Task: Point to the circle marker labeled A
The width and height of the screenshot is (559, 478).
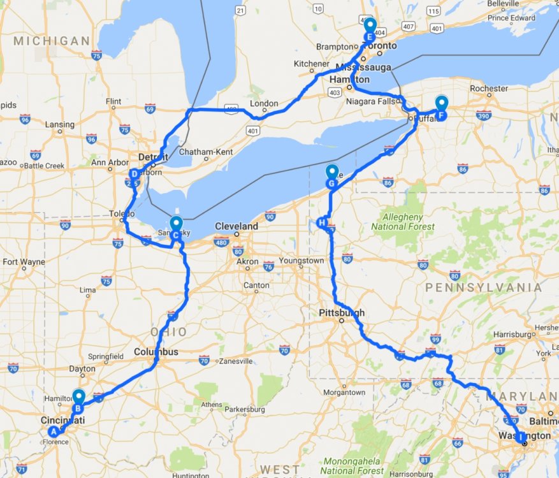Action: point(54,431)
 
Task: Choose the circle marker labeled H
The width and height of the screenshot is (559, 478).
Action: point(321,222)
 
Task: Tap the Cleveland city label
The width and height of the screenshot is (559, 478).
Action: point(236,226)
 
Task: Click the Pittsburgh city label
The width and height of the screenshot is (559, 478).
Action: point(342,313)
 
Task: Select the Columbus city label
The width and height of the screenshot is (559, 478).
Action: point(156,352)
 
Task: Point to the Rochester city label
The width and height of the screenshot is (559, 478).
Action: point(488,89)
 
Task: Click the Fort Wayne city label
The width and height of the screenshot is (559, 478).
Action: point(24,262)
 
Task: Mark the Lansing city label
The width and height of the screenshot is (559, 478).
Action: point(59,124)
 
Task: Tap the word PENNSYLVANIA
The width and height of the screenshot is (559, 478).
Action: point(483,287)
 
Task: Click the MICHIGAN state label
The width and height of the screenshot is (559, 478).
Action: point(52,41)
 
